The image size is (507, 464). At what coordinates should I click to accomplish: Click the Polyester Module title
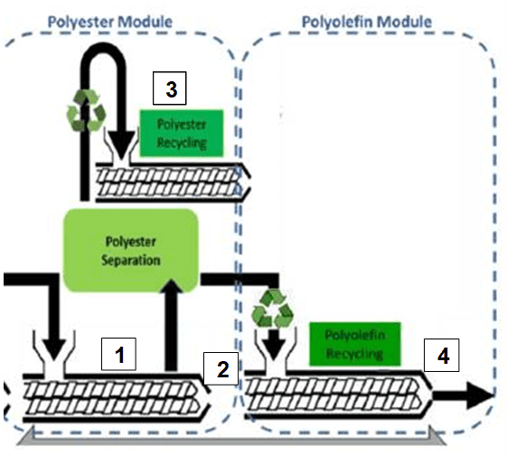tap(110, 22)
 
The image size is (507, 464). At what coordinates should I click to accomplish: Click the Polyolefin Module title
tap(367, 22)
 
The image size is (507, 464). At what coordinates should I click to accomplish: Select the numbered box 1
tap(118, 354)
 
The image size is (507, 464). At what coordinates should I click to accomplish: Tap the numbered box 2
tap(221, 368)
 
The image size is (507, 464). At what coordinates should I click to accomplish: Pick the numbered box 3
tap(169, 88)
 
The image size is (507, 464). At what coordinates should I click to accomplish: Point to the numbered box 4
tap(441, 355)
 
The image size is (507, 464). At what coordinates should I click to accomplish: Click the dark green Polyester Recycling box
tap(182, 133)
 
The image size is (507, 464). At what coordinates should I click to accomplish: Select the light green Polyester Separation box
tap(131, 251)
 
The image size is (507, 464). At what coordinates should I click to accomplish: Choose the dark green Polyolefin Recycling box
tap(355, 344)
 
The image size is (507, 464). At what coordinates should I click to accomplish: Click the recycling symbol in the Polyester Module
tap(87, 111)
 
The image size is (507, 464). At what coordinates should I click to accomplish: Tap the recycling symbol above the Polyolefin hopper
tap(272, 309)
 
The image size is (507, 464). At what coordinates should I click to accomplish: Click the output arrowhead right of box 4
tap(480, 395)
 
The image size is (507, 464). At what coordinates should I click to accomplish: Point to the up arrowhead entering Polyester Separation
tap(172, 286)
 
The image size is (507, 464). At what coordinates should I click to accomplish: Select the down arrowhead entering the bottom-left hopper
tap(54, 349)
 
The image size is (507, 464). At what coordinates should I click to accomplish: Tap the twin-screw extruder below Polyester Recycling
tap(173, 182)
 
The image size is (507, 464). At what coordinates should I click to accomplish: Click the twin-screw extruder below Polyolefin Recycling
tap(338, 394)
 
